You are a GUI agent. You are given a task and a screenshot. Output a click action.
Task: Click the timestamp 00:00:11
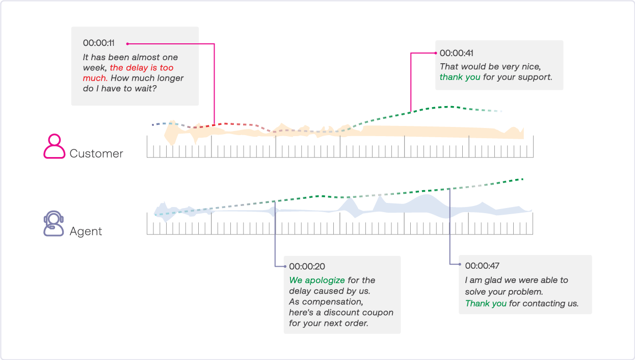99,43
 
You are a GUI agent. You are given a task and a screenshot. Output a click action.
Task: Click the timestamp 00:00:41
457,53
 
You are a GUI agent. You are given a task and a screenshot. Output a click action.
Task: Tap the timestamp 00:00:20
307,266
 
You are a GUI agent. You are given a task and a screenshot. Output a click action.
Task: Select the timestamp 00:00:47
482,266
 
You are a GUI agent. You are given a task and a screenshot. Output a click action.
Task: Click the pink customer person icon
54,146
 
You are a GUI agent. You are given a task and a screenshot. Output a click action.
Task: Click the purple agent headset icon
54,223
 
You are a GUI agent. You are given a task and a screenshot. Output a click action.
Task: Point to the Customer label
96,153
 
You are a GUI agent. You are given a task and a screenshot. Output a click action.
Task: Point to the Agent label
86,231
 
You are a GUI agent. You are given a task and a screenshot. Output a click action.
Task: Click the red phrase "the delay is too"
142,67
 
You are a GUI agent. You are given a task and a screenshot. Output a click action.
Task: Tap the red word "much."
95,78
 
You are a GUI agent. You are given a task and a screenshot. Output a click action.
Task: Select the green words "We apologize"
317,280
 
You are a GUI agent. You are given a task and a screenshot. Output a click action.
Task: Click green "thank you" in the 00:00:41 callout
460,77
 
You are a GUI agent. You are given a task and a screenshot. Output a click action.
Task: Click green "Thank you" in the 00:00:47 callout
486,303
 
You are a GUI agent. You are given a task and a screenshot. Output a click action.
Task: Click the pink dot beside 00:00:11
127,44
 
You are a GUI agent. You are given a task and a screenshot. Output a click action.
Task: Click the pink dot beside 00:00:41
436,53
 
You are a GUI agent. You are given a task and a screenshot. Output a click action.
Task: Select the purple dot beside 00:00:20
285,266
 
